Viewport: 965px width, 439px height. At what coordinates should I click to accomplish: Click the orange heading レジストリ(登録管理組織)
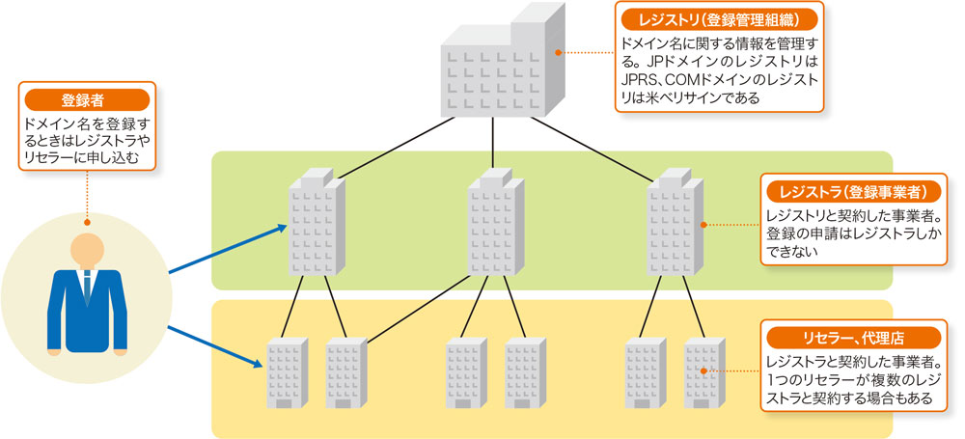[x=719, y=21]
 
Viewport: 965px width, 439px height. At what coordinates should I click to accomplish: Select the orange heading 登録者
[x=88, y=99]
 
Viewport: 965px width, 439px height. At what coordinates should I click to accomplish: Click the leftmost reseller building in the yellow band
[x=286, y=372]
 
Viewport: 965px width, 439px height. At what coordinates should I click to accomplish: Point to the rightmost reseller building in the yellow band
[x=704, y=372]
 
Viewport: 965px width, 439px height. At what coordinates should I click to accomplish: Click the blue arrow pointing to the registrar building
[x=229, y=248]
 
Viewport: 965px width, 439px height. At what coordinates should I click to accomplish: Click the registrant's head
[x=88, y=251]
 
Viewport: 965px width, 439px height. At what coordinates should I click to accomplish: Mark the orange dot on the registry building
[x=558, y=52]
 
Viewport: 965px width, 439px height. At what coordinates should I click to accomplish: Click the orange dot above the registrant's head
[x=88, y=222]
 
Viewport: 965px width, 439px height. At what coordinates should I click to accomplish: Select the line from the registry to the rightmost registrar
[x=593, y=150]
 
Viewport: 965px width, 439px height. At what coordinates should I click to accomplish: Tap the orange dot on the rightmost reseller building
[x=704, y=371]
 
